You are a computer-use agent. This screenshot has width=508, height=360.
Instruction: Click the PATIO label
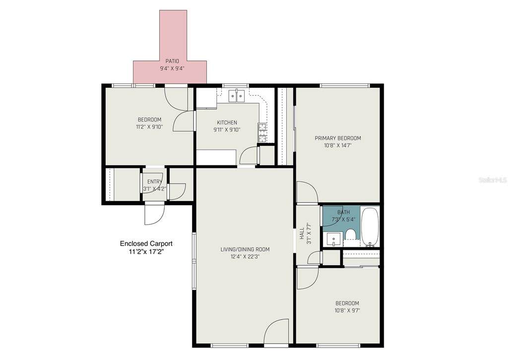point(172,61)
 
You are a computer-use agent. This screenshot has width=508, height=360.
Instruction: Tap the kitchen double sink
point(237,96)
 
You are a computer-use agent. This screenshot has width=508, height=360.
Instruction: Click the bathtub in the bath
point(370,227)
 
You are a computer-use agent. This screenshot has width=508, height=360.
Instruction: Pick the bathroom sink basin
point(333,239)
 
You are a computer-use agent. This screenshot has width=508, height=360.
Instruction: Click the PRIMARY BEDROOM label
point(337,138)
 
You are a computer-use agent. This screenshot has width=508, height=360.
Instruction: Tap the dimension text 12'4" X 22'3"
point(245,257)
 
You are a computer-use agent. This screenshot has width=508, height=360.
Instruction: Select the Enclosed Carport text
point(146,244)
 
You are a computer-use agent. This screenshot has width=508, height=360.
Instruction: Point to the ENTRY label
point(155,182)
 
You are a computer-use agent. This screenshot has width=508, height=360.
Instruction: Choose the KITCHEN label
point(227,123)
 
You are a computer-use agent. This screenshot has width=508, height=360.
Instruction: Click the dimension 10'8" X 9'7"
point(347,310)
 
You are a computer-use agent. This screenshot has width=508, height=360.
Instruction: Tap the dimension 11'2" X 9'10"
point(149,127)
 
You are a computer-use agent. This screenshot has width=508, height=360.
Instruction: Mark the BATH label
point(343,213)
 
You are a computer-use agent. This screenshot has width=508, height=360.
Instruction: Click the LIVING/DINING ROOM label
point(245,249)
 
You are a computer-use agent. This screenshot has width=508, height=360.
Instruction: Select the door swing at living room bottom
point(276,331)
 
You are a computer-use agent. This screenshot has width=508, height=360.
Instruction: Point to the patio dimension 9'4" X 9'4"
point(172,69)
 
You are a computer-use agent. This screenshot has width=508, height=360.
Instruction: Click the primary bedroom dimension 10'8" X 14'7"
point(337,145)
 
